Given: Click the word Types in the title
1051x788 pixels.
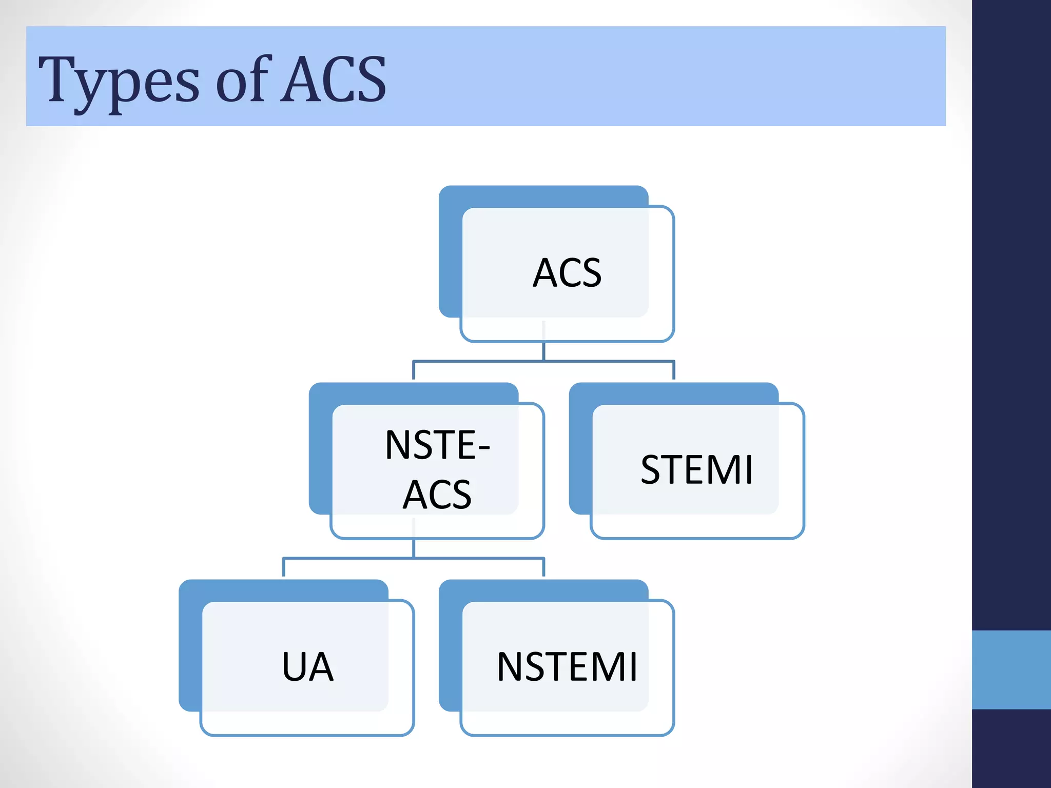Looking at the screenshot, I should click(119, 80).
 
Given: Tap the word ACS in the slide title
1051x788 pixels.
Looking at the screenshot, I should click(334, 80).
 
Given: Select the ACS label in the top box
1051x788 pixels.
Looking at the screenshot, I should click(567, 273).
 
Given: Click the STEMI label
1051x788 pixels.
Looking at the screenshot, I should click(697, 469).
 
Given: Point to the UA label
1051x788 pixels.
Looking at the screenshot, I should click(308, 667).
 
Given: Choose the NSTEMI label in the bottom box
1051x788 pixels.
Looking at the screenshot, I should click(567, 667).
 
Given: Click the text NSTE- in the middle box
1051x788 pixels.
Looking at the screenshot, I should click(437, 445).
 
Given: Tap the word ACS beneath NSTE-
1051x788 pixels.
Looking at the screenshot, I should click(437, 495).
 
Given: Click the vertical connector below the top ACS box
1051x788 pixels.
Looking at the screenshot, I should click(543, 351).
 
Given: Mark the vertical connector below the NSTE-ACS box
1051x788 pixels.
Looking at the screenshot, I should click(414, 548).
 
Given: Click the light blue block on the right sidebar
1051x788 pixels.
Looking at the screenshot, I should click(1011, 669).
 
